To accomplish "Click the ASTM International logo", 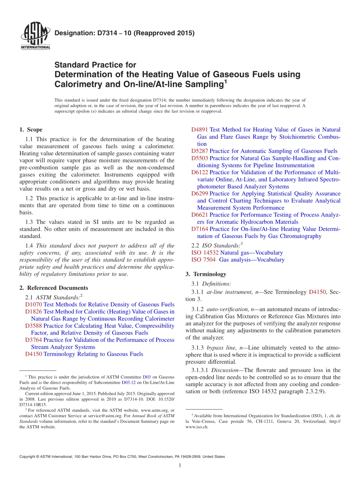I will point(35,36).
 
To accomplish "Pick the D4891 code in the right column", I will point(200,130).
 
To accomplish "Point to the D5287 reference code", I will point(200,151).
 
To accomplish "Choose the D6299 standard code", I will point(200,193).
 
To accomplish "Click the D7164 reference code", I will point(200,229).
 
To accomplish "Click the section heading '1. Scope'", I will point(31,130).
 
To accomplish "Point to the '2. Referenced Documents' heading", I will point(53,288).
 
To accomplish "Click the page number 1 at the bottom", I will point(180,465).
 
